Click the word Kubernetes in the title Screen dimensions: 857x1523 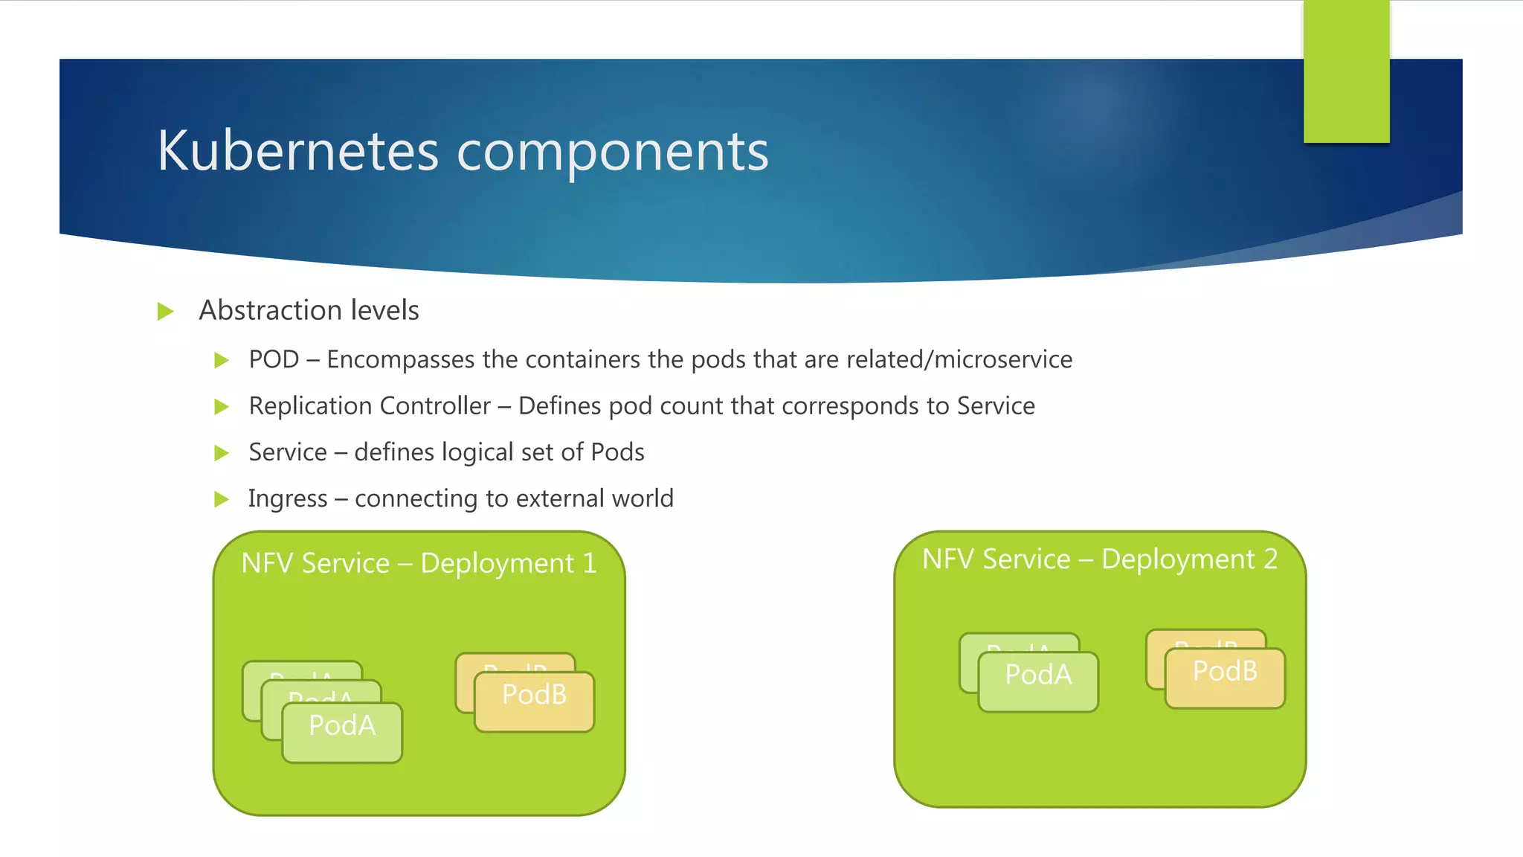coord(297,151)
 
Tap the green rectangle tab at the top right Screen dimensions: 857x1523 coord(1346,72)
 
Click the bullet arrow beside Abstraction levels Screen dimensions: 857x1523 coord(165,311)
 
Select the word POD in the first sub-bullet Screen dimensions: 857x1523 coord(274,360)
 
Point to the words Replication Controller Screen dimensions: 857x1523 coord(370,406)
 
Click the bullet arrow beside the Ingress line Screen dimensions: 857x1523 coord(221,499)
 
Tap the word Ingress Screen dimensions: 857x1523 coord(287,499)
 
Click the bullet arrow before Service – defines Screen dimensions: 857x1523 coord(221,453)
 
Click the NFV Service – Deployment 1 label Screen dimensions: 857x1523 coord(419,563)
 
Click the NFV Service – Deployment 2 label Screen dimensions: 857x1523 coord(1099,559)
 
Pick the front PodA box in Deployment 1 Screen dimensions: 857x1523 coord(342,733)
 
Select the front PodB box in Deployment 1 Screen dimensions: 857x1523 coord(534,702)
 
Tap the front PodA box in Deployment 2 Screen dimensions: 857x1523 coord(1038,681)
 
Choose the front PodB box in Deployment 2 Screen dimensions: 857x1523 coord(1225,678)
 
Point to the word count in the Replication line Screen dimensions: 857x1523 coord(692,406)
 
